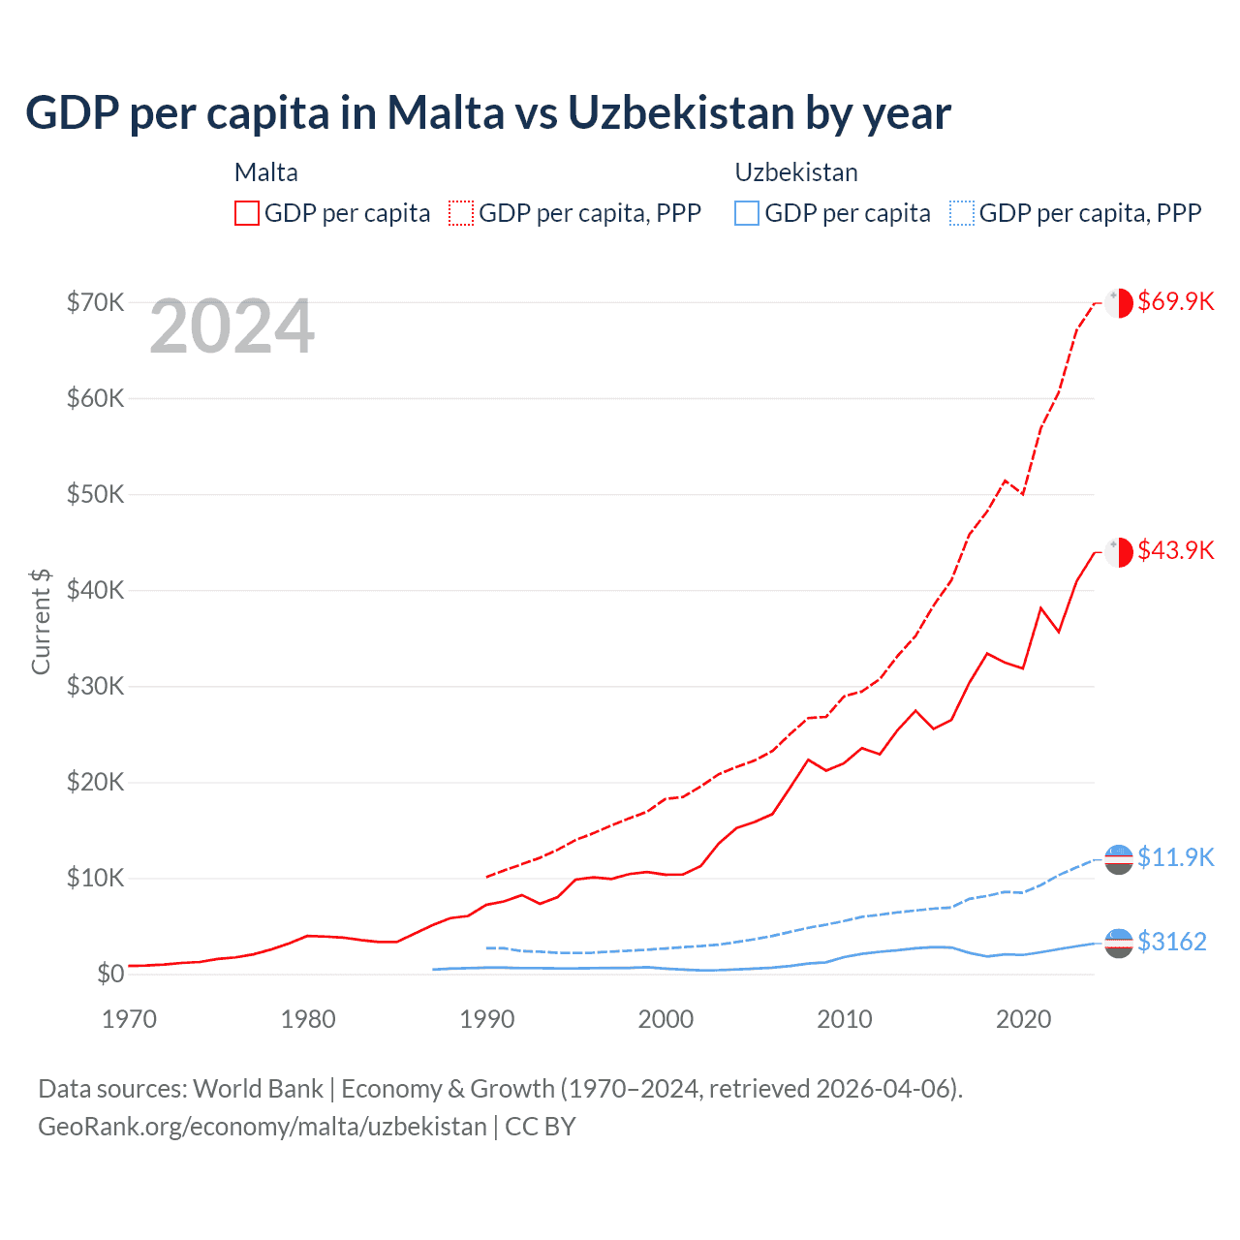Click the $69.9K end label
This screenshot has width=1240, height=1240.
point(1175,301)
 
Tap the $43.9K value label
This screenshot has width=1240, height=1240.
point(1175,550)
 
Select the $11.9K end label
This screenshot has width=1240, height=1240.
point(1175,857)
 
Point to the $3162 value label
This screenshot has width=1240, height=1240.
point(1171,942)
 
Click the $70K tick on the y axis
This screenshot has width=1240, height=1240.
point(95,302)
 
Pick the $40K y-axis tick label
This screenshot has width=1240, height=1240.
point(95,590)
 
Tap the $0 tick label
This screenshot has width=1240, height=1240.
point(109,974)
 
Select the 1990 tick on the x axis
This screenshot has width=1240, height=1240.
point(487,1019)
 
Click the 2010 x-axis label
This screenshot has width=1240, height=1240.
point(845,1019)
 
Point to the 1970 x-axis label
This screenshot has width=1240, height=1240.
point(129,1019)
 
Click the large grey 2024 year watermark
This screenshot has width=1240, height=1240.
point(232,327)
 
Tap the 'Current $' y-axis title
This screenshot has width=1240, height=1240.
point(41,621)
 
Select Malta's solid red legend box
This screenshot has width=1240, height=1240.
point(247,213)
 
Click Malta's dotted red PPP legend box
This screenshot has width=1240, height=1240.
point(461,213)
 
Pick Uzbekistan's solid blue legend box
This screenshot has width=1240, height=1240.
point(747,213)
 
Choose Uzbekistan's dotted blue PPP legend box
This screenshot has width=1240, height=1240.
point(962,213)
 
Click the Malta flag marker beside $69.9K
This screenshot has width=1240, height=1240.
point(1119,302)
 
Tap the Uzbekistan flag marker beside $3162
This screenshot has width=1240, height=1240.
point(1119,943)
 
